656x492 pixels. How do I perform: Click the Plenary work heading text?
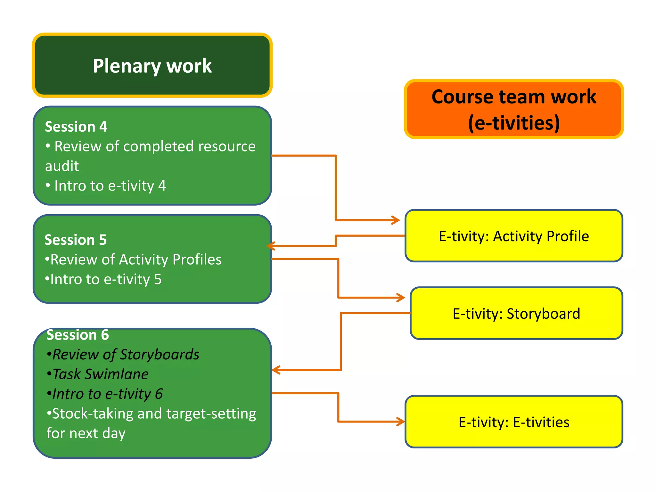click(152, 66)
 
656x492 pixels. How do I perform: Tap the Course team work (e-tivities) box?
click(513, 109)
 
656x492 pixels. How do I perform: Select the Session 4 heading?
click(76, 127)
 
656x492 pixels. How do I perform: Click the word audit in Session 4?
click(62, 166)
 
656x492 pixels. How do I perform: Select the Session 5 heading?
click(75, 240)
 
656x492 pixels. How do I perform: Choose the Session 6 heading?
click(78, 335)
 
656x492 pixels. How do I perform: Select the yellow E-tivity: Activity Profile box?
click(513, 236)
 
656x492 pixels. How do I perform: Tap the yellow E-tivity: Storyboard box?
click(516, 313)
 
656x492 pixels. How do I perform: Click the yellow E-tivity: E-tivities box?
click(513, 422)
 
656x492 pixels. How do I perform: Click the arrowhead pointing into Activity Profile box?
click(396, 220)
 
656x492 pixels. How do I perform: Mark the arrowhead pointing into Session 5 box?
click(271, 246)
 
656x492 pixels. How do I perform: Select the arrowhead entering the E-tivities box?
click(401, 422)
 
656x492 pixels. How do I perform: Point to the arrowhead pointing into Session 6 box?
click(276, 370)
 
